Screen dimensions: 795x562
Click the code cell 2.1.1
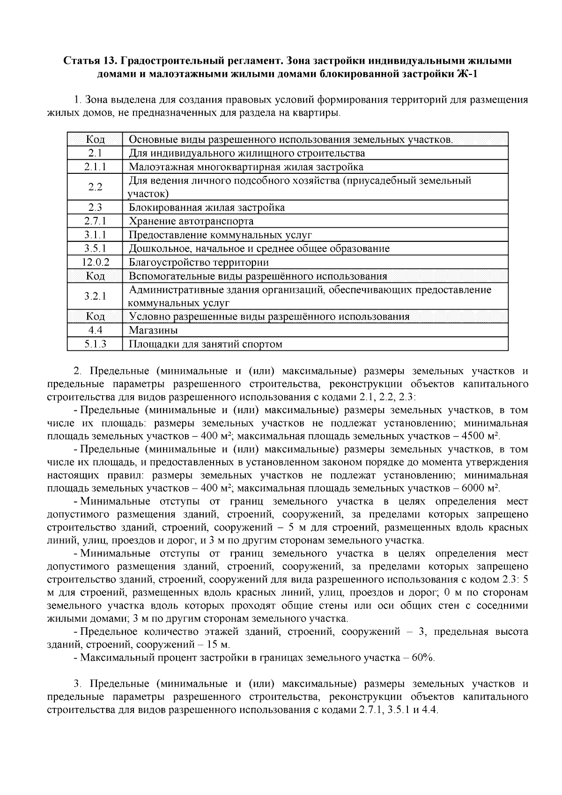click(95, 167)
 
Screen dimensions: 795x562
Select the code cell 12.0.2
click(95, 262)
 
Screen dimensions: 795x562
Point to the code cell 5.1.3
click(95, 344)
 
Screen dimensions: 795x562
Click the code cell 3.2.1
click(95, 296)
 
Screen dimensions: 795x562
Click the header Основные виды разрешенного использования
click(290, 140)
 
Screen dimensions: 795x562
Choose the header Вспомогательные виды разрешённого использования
click(258, 276)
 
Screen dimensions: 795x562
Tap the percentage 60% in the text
click(423, 658)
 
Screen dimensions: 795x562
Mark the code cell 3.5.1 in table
click(95, 249)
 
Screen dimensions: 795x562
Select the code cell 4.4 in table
click(95, 331)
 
